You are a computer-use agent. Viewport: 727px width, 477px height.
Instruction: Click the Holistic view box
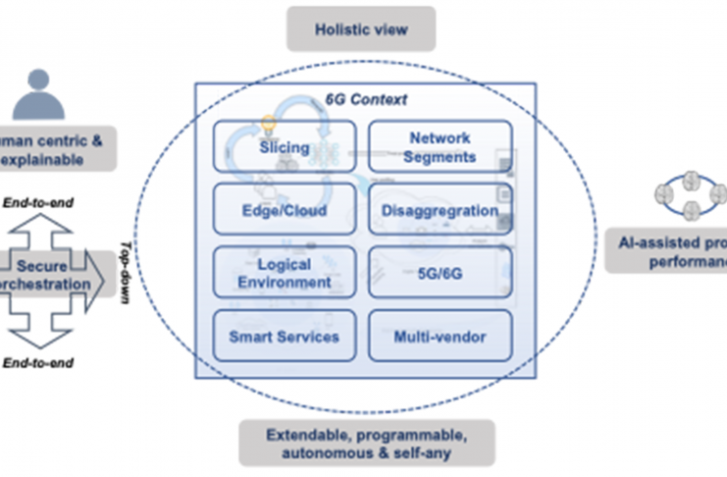360,29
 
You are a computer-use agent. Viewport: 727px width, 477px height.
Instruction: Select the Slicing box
285,148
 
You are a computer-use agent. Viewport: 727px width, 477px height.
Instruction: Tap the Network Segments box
440,148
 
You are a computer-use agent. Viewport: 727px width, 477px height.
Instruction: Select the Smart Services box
285,337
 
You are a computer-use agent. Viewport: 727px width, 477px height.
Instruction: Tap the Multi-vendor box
440,337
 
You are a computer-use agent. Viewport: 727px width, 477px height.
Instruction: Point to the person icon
38,94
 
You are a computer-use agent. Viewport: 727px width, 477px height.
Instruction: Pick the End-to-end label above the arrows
44,204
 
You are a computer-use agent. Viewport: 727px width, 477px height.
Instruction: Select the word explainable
44,158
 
